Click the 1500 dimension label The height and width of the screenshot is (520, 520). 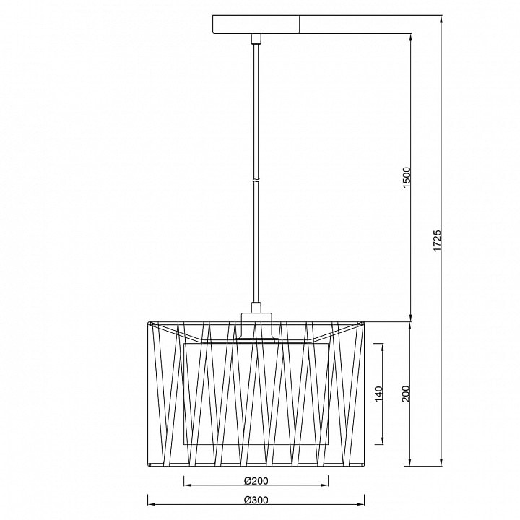click(407, 178)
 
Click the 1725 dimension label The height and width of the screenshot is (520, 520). click(437, 240)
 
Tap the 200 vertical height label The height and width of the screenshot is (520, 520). click(407, 394)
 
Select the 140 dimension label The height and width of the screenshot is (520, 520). click(378, 394)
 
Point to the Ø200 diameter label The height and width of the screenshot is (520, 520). click(256, 480)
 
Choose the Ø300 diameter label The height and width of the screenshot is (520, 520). click(256, 500)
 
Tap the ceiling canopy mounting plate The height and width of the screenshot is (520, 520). click(256, 25)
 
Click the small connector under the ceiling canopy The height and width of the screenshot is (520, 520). click(256, 39)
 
